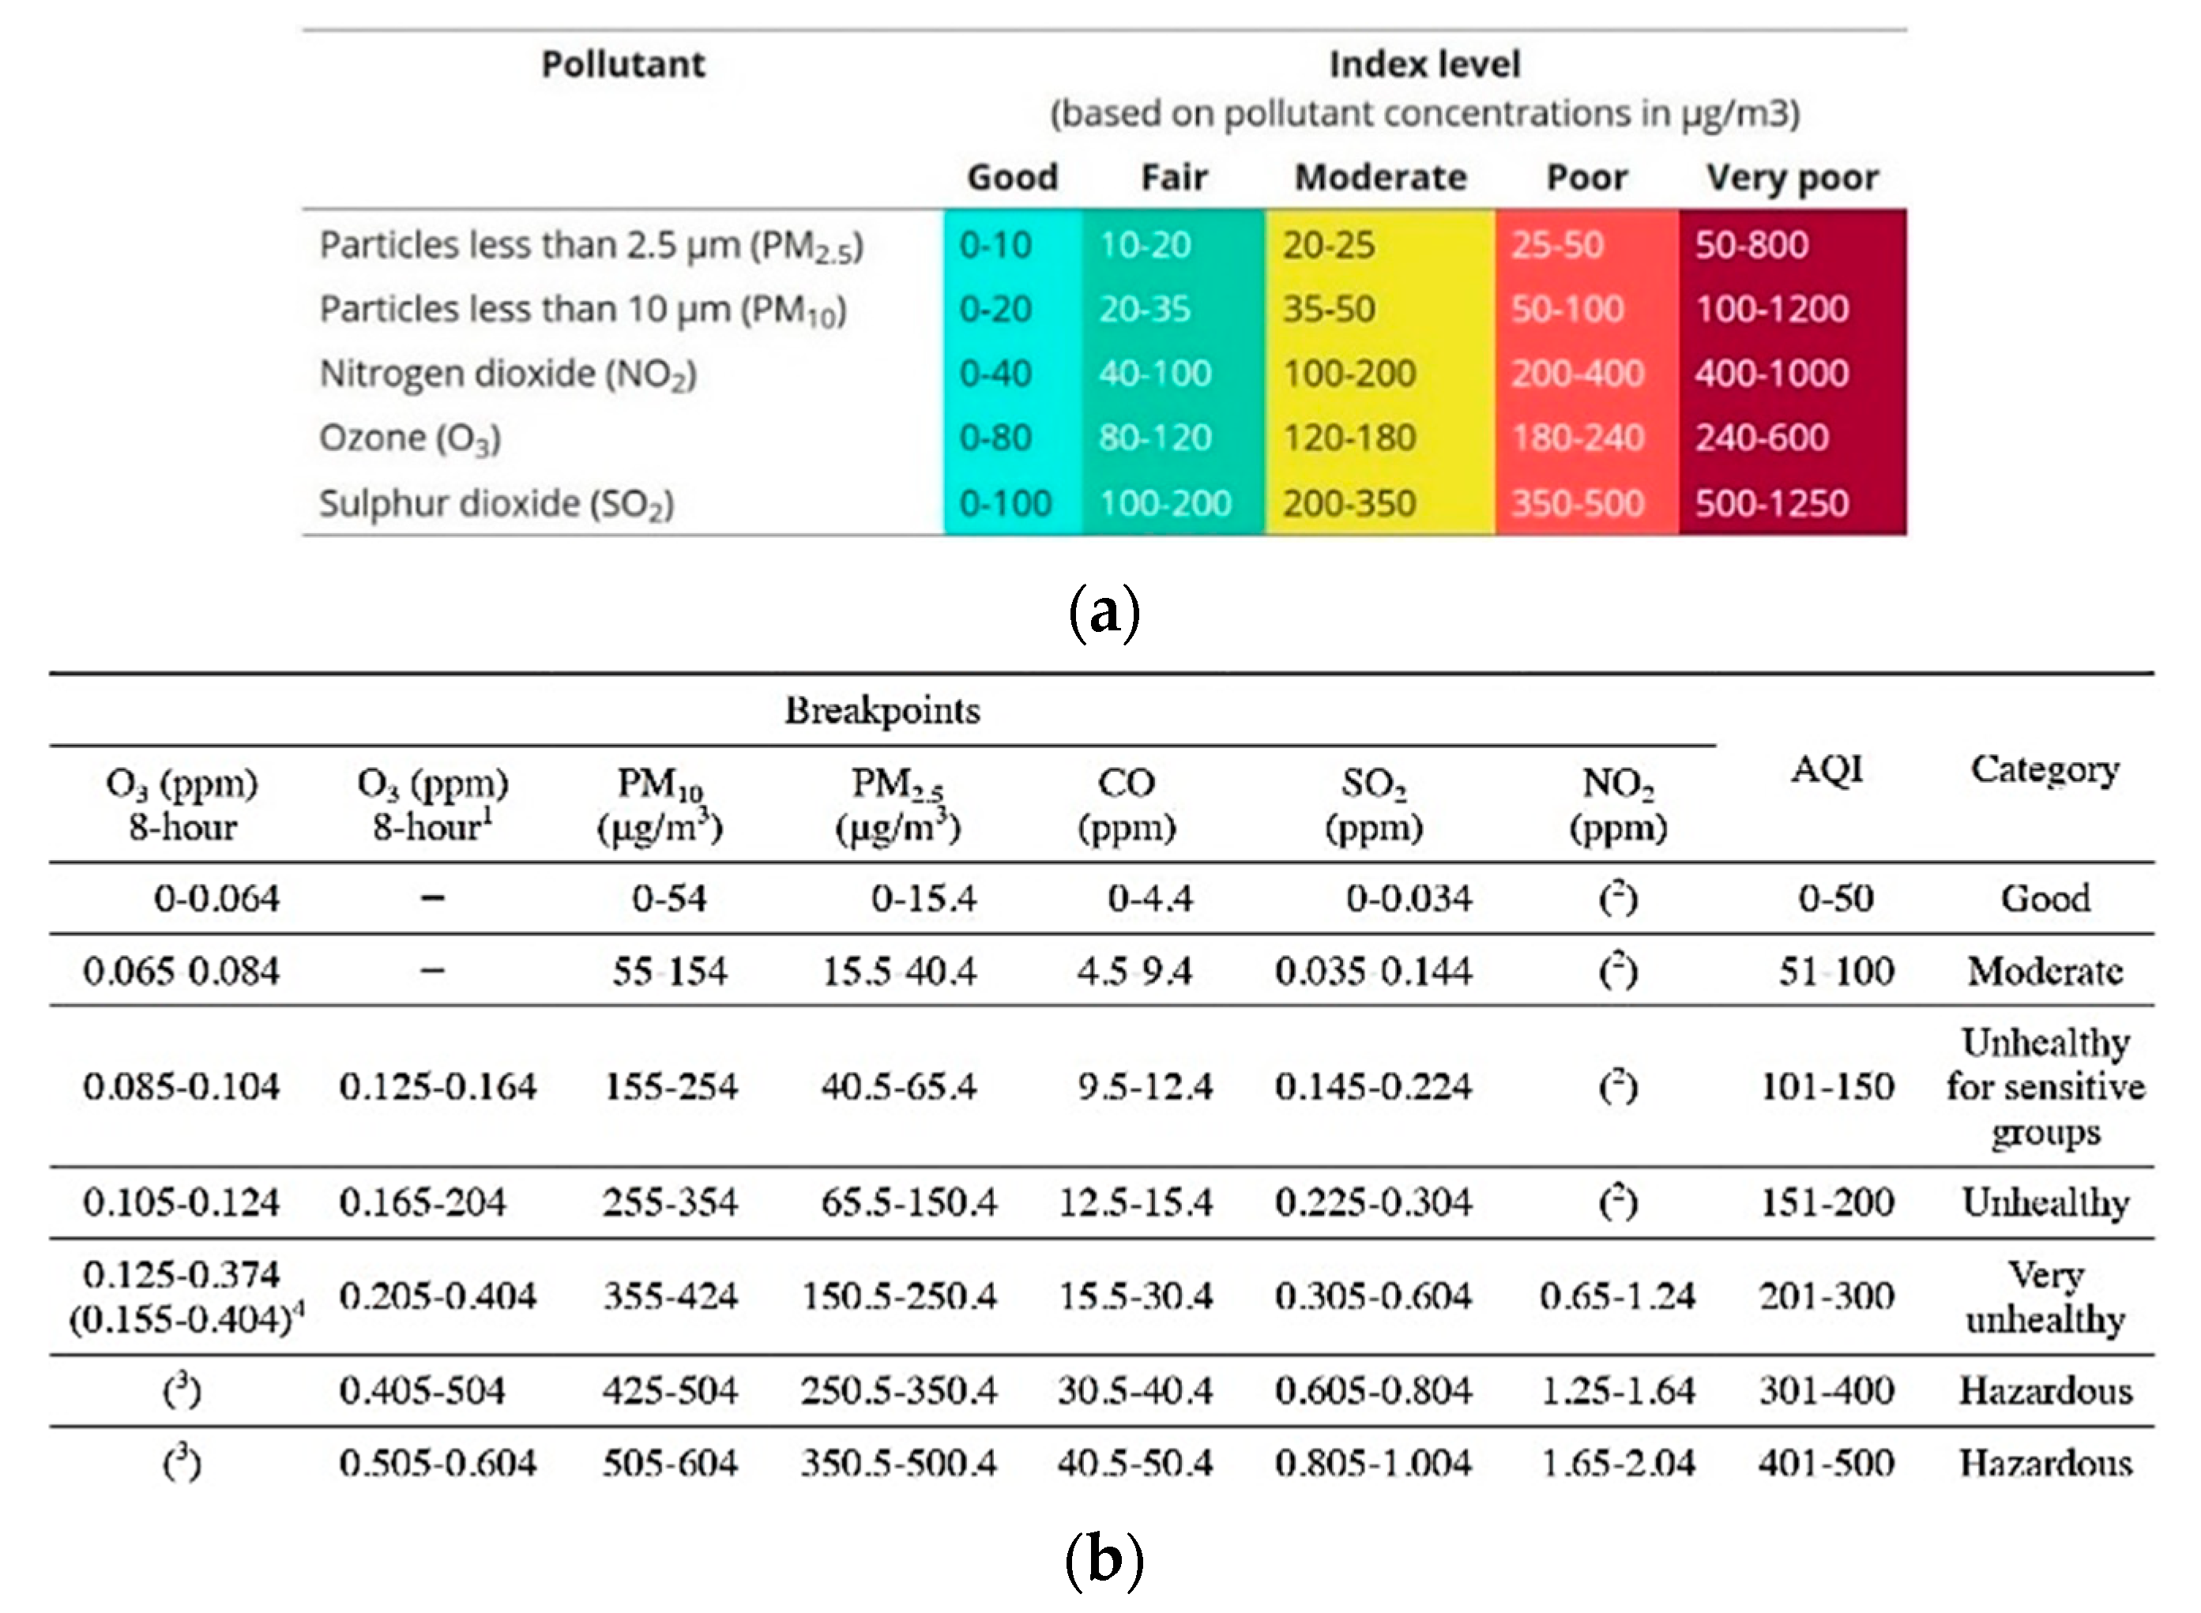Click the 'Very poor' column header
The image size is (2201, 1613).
pos(1791,177)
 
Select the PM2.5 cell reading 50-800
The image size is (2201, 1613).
pos(1751,244)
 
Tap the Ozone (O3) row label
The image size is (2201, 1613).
pos(409,438)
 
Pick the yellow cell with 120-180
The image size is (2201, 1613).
pos(1349,438)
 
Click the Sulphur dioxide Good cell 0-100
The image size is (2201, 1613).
pos(1005,503)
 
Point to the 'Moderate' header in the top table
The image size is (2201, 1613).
pos(1380,177)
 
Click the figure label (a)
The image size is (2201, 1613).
pos(1104,613)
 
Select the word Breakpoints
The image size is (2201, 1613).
pos(882,710)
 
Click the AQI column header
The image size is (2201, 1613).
pos(1826,769)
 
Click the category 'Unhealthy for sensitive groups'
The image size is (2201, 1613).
pos(2045,1087)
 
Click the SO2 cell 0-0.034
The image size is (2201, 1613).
pos(1408,897)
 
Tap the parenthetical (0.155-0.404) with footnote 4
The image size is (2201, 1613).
pos(186,1319)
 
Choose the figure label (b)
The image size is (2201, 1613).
pos(1104,1558)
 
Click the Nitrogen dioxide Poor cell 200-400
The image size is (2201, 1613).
pos(1577,373)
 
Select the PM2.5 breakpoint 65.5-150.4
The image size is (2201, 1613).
pos(909,1202)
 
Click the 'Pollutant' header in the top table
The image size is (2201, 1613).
pos(623,65)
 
